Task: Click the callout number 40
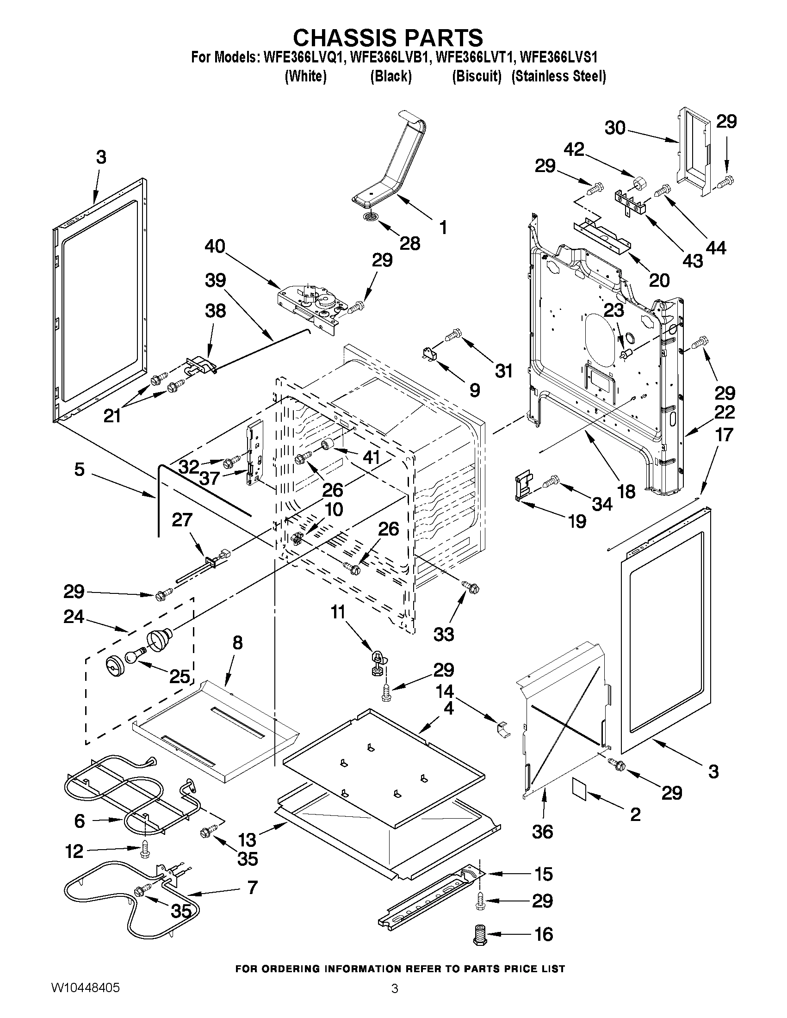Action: click(x=215, y=246)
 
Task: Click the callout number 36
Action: click(x=543, y=831)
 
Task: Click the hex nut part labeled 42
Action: click(x=638, y=182)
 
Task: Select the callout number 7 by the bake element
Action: click(x=252, y=888)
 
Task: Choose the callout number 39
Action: click(x=215, y=280)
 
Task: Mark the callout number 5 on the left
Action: click(x=80, y=469)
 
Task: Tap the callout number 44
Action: click(x=716, y=248)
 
